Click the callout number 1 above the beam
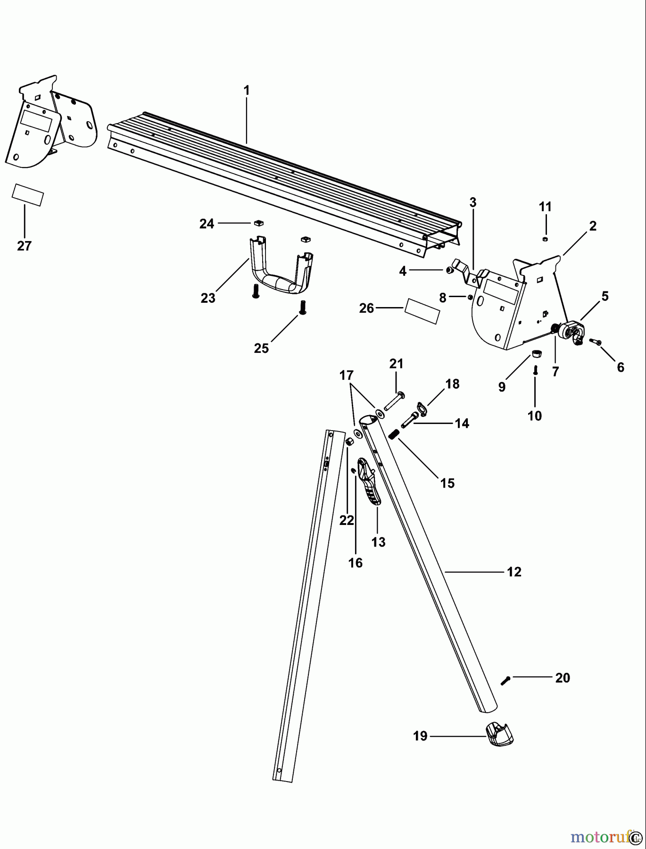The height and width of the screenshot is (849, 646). [x=246, y=90]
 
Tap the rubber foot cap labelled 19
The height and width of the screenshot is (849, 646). [x=499, y=735]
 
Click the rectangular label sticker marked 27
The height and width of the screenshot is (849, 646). [x=28, y=195]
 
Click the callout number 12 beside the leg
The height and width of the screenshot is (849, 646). [x=514, y=572]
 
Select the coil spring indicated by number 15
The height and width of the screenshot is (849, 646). [x=394, y=434]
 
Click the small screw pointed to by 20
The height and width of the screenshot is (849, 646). [x=505, y=680]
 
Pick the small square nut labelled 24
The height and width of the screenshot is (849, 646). [x=258, y=223]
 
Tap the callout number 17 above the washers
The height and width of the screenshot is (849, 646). [x=347, y=375]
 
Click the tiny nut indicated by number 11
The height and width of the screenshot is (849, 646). [x=545, y=240]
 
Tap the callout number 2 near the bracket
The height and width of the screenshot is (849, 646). [x=593, y=226]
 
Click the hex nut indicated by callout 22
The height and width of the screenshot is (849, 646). [x=350, y=441]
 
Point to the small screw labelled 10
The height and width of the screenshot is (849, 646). [x=535, y=371]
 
